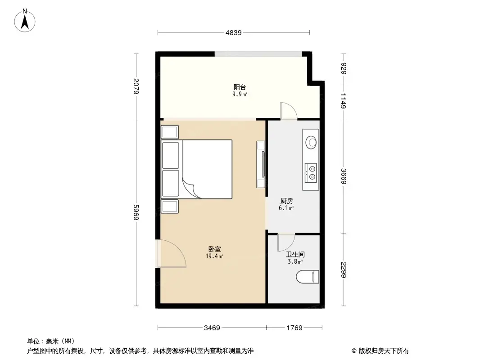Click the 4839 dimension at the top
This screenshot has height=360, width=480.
[234, 32]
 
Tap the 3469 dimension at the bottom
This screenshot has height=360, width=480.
[212, 328]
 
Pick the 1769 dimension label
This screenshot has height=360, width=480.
[294, 328]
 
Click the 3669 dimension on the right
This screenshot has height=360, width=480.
[344, 176]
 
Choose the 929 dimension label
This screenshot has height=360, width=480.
[344, 68]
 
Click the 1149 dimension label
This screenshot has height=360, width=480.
[344, 101]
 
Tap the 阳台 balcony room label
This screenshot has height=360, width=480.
[240, 87]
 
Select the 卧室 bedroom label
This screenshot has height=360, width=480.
[214, 249]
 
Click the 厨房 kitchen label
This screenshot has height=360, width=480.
[286, 201]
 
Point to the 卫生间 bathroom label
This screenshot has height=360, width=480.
[295, 254]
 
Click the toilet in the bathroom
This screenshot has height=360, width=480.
[308, 277]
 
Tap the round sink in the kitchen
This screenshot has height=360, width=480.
[311, 142]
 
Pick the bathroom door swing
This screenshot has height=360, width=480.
[285, 243]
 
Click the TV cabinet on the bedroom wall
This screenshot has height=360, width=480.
[261, 164]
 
